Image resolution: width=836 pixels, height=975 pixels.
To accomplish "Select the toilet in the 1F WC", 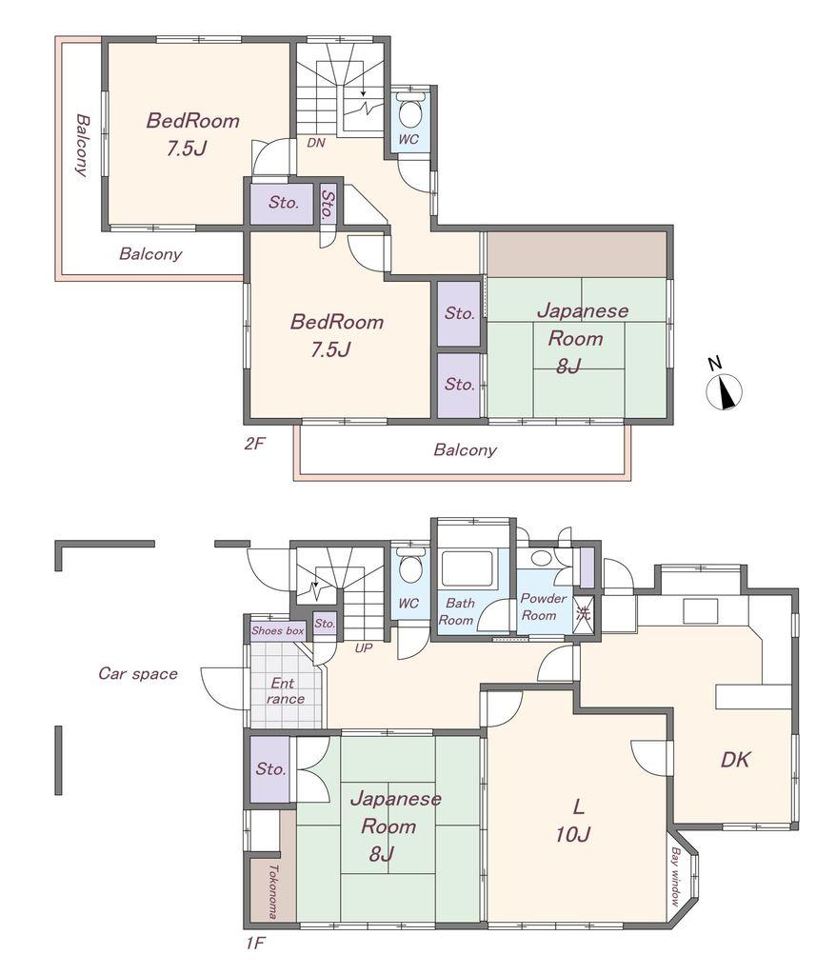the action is click(408, 565).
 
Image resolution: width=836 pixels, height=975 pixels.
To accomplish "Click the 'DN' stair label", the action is click(316, 143).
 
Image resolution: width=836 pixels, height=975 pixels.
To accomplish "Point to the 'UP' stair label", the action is click(364, 648).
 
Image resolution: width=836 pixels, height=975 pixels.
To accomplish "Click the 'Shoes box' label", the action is click(277, 630).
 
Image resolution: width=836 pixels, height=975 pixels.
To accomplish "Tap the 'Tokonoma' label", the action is click(271, 891).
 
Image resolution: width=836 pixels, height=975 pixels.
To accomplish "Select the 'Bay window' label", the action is click(675, 877).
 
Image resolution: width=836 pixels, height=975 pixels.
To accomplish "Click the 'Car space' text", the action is click(138, 673).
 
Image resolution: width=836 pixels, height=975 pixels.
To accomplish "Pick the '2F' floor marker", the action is click(255, 444).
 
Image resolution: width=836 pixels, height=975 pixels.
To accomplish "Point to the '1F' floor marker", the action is click(255, 944).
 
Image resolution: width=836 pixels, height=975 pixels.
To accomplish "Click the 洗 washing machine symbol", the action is click(583, 614).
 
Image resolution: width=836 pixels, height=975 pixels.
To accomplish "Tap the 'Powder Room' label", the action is click(543, 607).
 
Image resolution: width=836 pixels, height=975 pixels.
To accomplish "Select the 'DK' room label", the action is click(735, 759).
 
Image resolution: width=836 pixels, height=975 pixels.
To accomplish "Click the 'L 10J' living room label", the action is click(574, 821).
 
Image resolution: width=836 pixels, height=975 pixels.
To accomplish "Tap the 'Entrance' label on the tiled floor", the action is click(285, 691).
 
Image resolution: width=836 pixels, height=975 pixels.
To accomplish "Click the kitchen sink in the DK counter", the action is click(701, 610).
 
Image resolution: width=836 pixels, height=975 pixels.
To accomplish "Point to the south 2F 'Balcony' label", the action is click(466, 449).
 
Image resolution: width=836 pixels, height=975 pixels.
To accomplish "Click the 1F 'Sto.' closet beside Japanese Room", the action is click(270, 769).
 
